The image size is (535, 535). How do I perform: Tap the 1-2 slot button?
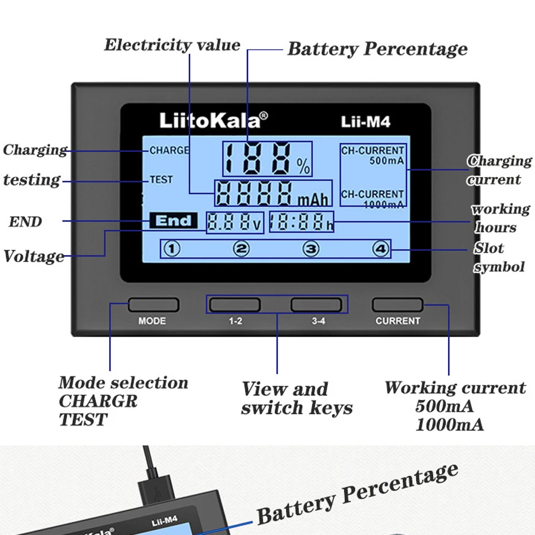235,305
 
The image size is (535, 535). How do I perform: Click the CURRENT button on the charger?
398,305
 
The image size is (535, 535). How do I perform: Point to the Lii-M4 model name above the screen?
366,122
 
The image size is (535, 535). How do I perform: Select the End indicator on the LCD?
173,221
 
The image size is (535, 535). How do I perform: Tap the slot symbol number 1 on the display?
173,249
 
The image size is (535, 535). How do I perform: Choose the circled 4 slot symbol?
381,249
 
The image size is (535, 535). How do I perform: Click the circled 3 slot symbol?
311,249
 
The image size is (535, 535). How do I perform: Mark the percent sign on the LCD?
303,166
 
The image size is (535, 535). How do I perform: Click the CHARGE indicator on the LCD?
169,151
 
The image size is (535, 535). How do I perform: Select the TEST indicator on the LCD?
161,179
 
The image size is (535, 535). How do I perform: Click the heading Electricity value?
172,45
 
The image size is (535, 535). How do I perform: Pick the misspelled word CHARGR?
98,402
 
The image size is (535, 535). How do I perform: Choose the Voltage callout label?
34,257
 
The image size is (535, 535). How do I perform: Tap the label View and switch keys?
296,398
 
